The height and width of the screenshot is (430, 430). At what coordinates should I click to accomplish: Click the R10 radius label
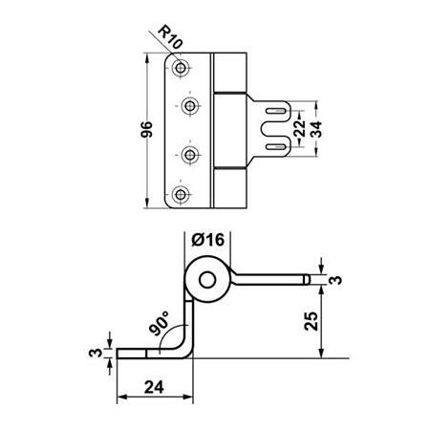(170, 37)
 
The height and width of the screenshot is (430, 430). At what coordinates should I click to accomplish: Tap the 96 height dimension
(147, 129)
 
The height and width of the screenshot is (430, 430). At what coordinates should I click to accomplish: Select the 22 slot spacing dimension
(300, 128)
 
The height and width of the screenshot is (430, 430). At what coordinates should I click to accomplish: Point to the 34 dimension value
(316, 129)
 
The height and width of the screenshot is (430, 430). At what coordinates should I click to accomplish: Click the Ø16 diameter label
(208, 240)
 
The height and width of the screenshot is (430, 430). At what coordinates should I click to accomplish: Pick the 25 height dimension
(312, 321)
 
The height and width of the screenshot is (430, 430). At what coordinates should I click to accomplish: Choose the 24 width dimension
(154, 387)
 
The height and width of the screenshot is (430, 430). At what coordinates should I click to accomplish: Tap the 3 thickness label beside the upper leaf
(335, 280)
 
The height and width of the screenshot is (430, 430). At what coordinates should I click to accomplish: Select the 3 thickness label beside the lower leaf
(96, 353)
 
